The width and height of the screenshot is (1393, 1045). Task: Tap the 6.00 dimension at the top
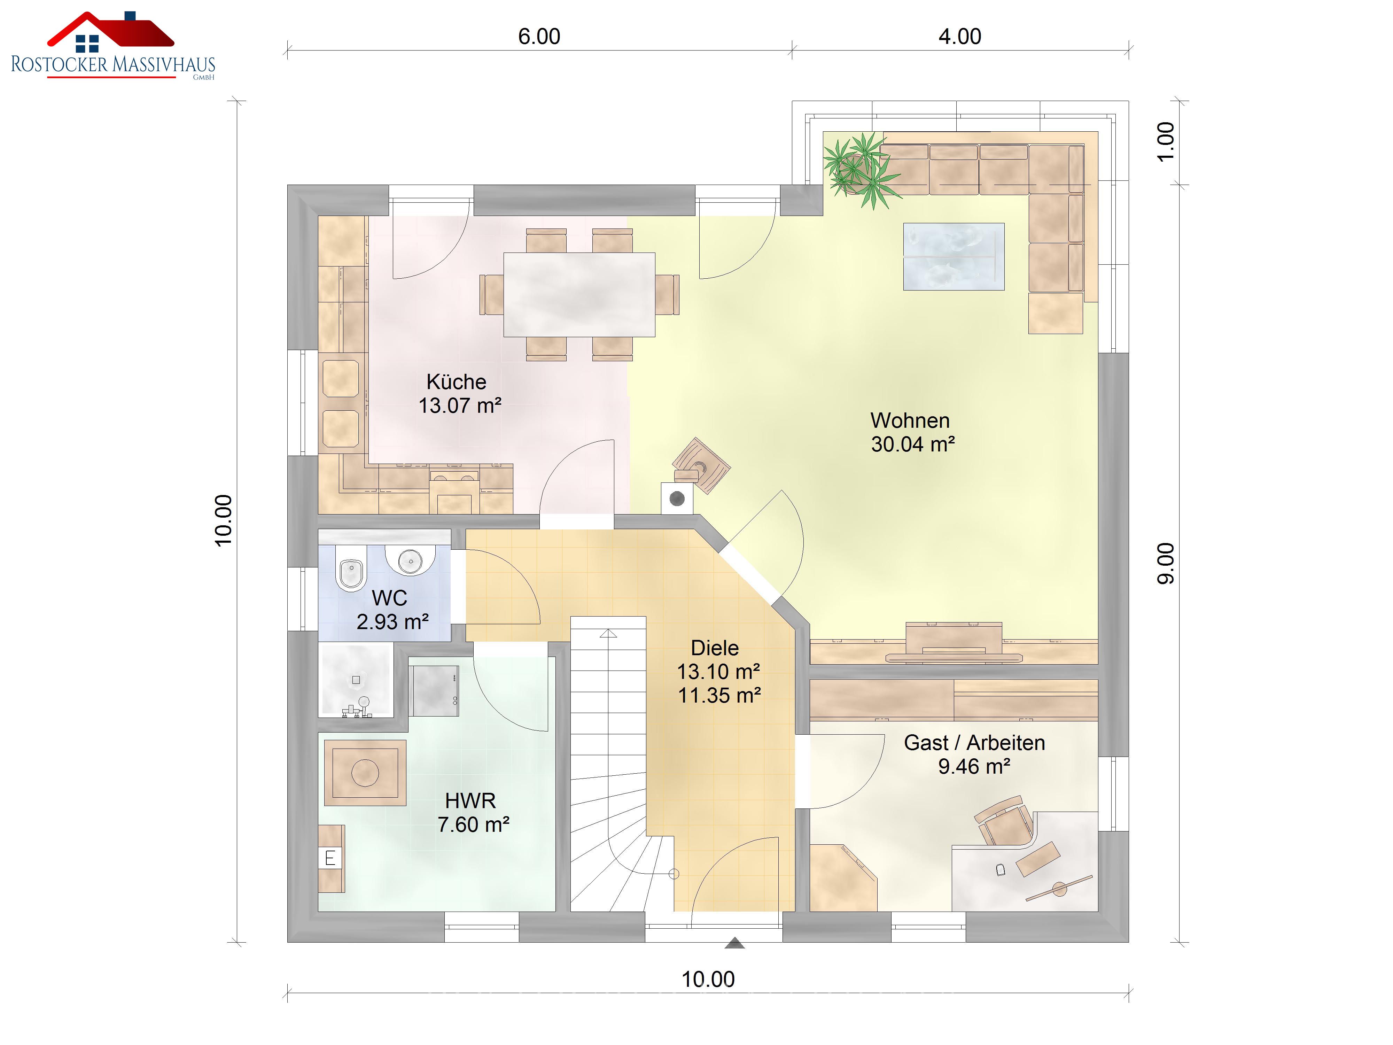pyautogui.click(x=539, y=37)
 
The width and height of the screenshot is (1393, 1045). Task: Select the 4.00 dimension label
pyautogui.click(x=960, y=37)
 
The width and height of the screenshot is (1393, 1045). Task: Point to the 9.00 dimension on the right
pyautogui.click(x=1166, y=563)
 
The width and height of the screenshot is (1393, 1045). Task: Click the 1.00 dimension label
pyautogui.click(x=1166, y=142)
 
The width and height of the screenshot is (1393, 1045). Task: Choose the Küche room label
pyautogui.click(x=457, y=382)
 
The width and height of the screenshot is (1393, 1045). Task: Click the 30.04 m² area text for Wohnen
pyautogui.click(x=912, y=444)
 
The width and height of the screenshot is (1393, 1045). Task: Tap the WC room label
pyautogui.click(x=390, y=598)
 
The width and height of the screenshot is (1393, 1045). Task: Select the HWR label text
pyautogui.click(x=470, y=800)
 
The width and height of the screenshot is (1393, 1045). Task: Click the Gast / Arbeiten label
pyautogui.click(x=974, y=743)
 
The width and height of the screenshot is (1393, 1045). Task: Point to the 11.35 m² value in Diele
pyautogui.click(x=719, y=695)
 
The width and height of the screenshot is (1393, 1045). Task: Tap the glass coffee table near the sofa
pyautogui.click(x=954, y=256)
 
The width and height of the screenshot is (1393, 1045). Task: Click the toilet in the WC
pyautogui.click(x=351, y=567)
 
